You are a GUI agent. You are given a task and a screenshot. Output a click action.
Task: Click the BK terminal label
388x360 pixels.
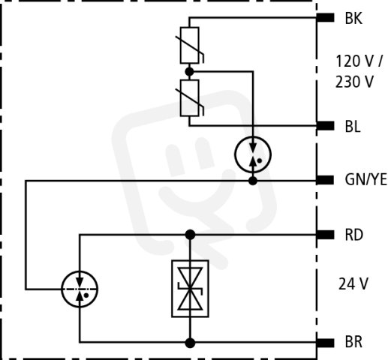[x=353, y=19]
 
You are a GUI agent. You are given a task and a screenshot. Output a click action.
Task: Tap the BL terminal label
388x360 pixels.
[x=353, y=127]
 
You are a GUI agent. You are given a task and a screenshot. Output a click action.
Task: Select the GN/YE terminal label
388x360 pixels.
[x=365, y=180]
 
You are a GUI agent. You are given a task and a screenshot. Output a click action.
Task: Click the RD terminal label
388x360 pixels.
[x=353, y=235]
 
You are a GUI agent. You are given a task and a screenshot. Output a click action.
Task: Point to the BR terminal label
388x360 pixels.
[x=353, y=342]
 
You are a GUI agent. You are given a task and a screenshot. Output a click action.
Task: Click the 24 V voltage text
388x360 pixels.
[x=353, y=284]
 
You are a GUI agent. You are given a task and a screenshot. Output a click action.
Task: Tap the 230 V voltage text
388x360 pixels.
[x=354, y=82]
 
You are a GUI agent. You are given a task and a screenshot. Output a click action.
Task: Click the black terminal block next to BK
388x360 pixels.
[x=325, y=17]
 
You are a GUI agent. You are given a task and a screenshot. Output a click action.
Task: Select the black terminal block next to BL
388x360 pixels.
[x=325, y=126]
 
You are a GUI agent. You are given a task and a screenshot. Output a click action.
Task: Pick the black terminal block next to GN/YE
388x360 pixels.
[x=325, y=180]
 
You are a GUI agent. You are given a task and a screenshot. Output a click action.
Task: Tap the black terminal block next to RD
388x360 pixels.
[x=325, y=235]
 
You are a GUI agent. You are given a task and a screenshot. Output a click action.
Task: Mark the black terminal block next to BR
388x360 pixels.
[x=325, y=343]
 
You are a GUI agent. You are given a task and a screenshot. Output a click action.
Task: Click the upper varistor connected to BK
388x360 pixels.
[x=190, y=45]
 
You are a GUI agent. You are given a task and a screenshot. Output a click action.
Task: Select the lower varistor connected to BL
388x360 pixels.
[x=190, y=98]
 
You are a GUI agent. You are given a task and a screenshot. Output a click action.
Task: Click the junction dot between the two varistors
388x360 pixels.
[x=189, y=72]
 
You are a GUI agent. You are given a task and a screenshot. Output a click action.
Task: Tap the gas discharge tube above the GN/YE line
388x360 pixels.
[x=253, y=154]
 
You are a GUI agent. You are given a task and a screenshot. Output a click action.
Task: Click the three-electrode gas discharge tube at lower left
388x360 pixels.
[x=80, y=289]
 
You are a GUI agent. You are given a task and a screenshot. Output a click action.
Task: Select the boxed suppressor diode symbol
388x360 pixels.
[x=190, y=289]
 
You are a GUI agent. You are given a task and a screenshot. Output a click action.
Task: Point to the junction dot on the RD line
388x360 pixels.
[x=190, y=235]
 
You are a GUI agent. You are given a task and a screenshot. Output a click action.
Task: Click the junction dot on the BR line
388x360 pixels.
[x=190, y=343]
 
